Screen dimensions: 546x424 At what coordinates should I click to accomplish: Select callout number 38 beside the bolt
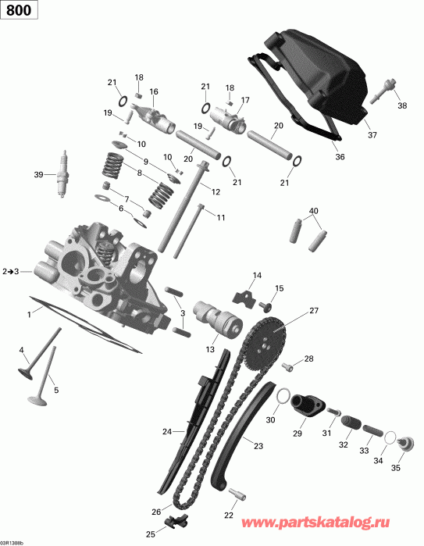[x=402, y=105]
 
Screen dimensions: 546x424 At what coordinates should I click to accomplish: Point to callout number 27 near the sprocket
[x=314, y=311]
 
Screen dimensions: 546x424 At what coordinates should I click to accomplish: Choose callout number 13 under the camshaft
[x=211, y=351]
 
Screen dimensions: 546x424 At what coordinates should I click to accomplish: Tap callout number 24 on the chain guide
[x=166, y=431]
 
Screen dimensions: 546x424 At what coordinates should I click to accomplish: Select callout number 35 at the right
[x=395, y=469]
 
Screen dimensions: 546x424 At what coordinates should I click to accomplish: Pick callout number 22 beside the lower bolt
[x=228, y=515]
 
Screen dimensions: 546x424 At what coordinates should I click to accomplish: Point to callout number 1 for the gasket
[x=29, y=313]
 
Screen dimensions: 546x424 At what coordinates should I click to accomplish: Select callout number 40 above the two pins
[x=314, y=211]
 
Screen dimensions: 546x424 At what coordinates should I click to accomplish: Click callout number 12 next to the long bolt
[x=216, y=191]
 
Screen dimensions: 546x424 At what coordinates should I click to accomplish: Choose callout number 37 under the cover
[x=372, y=135]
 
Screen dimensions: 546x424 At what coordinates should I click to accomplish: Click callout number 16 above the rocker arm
[x=153, y=91]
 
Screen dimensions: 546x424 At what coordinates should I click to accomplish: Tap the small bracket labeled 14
[x=245, y=295]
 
